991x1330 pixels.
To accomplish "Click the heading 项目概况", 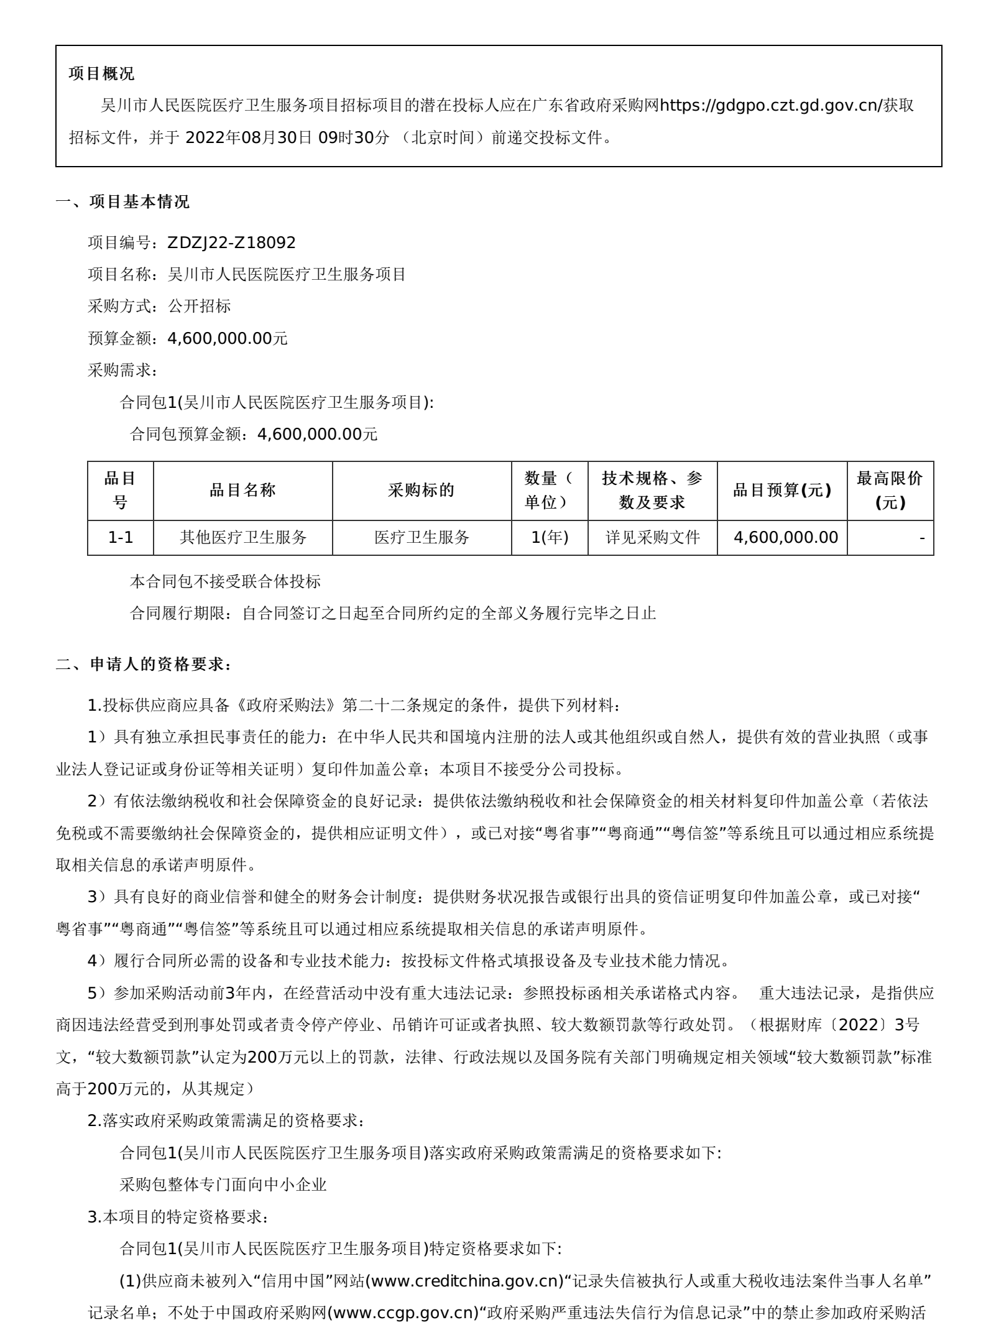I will (101, 73).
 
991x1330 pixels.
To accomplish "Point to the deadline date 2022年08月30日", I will (249, 137).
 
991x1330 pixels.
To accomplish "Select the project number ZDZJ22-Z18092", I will (232, 242).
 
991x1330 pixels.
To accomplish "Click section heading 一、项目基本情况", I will (122, 201).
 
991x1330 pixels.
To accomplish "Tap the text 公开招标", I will (200, 306).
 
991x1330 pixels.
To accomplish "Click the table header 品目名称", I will (242, 490).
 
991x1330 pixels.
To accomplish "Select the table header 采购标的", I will (422, 490).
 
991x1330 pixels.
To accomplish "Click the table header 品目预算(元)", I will (781, 490).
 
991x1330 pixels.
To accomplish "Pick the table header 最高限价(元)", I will (890, 490).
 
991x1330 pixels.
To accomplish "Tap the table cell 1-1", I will (121, 537).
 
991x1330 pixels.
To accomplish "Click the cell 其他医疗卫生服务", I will (243, 537).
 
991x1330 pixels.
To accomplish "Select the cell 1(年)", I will (550, 537).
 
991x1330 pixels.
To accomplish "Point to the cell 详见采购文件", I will (653, 537).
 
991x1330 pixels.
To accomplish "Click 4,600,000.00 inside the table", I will (786, 537).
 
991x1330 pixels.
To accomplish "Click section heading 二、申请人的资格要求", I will (144, 664).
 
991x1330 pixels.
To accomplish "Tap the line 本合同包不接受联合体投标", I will (225, 581).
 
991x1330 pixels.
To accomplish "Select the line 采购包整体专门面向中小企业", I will (223, 1185).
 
